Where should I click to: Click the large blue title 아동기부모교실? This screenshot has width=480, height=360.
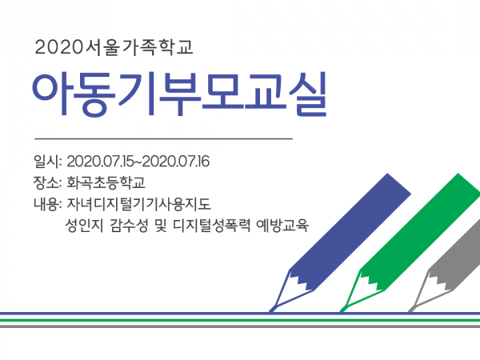pos(179,94)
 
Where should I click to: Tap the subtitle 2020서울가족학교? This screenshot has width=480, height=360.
pos(114,47)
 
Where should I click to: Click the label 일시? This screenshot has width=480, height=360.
pos(48,162)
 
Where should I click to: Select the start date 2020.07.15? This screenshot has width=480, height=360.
pos(100,162)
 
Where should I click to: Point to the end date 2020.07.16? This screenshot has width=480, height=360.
pos(176,162)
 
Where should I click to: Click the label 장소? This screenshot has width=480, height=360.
pos(48,182)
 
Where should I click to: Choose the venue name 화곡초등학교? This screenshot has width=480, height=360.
pos(106,182)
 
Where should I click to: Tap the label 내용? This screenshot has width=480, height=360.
pos(48,204)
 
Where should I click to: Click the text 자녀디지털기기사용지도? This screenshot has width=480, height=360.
pos(138,204)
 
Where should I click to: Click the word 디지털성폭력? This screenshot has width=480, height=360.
pos(212,226)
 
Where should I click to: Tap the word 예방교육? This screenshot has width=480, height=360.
pos(282,226)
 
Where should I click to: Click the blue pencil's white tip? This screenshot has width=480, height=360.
pos(290,291)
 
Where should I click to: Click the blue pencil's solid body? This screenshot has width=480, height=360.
pos(350,231)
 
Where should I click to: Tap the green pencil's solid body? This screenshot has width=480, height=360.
pos(421,231)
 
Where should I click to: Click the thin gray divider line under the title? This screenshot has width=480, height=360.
pos(164,138)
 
